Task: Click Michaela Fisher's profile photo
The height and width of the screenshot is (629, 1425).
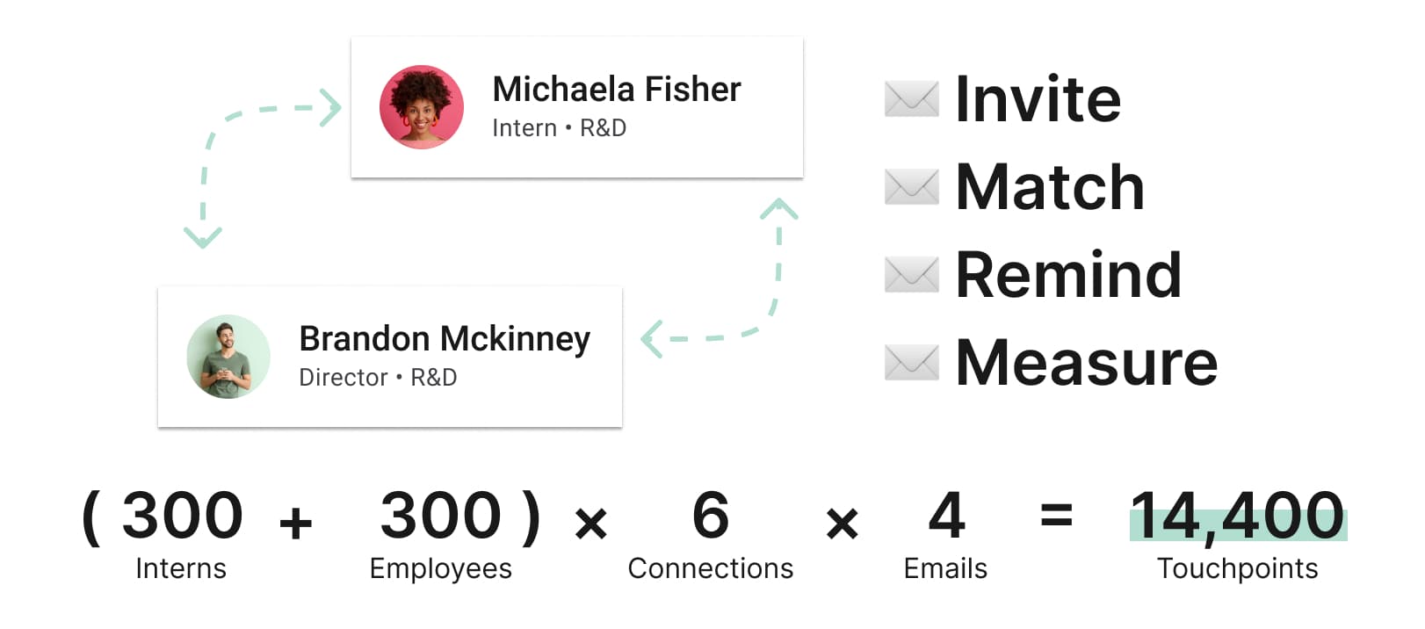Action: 421,107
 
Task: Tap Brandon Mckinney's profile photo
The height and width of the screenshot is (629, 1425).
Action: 228,356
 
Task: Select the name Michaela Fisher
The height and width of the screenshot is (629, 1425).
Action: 617,89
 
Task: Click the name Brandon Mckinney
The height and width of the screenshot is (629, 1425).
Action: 445,339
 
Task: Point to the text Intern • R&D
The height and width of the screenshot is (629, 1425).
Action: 559,128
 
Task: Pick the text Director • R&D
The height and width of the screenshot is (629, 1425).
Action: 378,377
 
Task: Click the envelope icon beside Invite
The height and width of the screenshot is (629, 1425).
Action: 912,98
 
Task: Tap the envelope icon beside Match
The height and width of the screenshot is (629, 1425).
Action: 912,187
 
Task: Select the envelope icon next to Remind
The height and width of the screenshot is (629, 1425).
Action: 912,275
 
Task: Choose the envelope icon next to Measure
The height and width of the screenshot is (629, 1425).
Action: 912,363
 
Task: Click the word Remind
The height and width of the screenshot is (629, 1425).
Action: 1068,274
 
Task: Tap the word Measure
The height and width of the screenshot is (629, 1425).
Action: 1087,363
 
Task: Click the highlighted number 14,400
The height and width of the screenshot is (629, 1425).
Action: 1237,516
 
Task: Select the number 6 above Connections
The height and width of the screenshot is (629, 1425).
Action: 710,515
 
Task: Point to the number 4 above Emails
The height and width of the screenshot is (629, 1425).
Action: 946,515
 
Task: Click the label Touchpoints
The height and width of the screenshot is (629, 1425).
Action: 1237,568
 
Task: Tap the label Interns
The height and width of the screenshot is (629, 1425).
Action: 181,568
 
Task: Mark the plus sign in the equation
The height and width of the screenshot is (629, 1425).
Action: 296,524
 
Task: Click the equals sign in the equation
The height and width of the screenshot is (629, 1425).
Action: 1057,515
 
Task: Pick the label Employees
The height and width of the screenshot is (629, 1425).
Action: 440,568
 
